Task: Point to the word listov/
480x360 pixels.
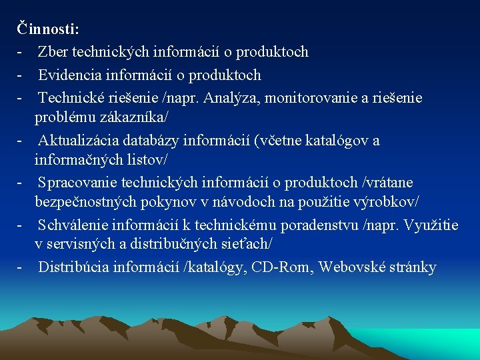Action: [145, 160]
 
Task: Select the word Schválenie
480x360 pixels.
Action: [73, 225]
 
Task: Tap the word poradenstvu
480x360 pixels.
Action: [320, 225]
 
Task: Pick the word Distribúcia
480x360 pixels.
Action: [73, 268]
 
